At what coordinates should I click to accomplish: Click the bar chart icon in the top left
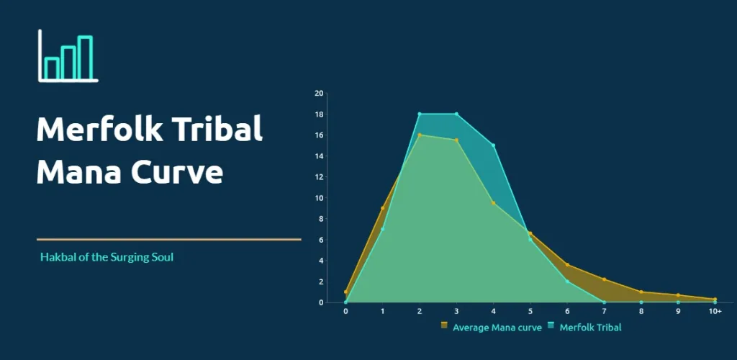point(68,57)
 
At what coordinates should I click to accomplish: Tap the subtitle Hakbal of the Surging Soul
point(107,257)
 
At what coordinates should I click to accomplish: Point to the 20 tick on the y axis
point(319,94)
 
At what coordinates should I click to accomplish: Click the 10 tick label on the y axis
point(319,198)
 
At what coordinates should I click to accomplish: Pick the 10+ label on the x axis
point(715,312)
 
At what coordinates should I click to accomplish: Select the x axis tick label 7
point(604,312)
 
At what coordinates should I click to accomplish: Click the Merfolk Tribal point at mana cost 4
point(493,145)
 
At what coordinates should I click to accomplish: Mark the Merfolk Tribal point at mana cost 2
point(420,114)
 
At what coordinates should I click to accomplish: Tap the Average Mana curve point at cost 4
point(493,203)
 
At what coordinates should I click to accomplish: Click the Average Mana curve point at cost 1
point(382,208)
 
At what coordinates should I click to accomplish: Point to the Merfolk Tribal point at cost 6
point(567,282)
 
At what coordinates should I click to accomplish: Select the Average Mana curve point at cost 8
point(641,292)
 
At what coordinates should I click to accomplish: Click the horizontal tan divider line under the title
point(168,239)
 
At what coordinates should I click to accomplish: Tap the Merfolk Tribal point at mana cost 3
point(456,114)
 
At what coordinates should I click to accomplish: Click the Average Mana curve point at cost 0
point(345,292)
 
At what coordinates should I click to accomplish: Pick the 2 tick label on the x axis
point(420,312)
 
